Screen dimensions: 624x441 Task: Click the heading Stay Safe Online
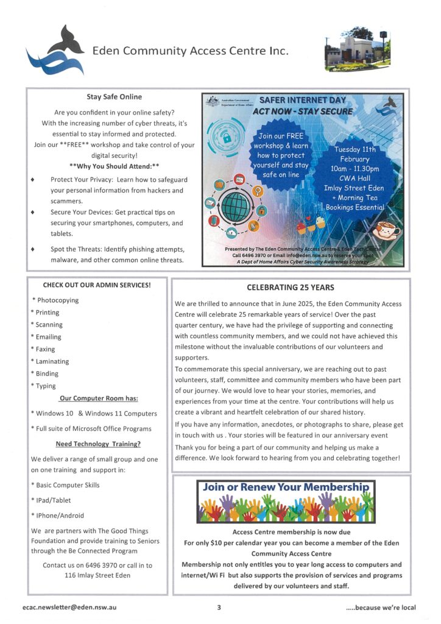(114, 97)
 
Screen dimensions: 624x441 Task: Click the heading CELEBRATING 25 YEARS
(291, 288)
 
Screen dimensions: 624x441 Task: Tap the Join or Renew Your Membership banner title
(286, 487)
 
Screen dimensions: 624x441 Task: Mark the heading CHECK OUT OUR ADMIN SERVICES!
(96, 285)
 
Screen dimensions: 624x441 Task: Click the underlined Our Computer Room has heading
(98, 399)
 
